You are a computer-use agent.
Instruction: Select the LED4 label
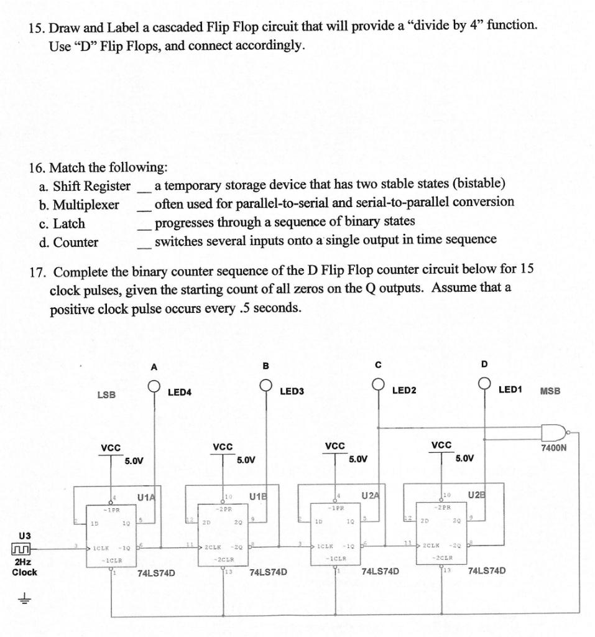pyautogui.click(x=180, y=392)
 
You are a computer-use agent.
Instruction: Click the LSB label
pyautogui.click(x=106, y=394)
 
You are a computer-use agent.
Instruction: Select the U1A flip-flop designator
pyautogui.click(x=147, y=496)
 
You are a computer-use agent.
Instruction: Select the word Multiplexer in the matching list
pyautogui.click(x=86, y=205)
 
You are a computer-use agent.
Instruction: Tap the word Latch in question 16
pyautogui.click(x=69, y=223)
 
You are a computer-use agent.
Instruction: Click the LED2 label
pyautogui.click(x=405, y=391)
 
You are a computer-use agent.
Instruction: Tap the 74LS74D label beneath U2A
pyautogui.click(x=380, y=570)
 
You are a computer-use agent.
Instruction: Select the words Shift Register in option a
pyautogui.click(x=92, y=186)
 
